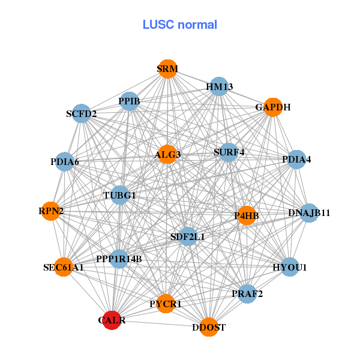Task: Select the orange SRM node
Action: (x=167, y=69)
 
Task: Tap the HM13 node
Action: (x=219, y=87)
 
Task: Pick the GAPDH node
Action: (x=272, y=108)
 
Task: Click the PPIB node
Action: (x=130, y=101)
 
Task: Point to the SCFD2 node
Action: (x=82, y=113)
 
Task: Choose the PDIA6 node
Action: (x=65, y=161)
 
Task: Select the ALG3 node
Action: (x=167, y=155)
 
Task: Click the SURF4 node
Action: (x=229, y=152)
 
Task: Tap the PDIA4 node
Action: (x=296, y=160)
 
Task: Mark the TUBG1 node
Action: (x=119, y=195)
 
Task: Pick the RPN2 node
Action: (x=51, y=211)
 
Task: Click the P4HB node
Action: (x=247, y=215)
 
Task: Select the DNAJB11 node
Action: (x=309, y=213)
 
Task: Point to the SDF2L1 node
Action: (x=188, y=237)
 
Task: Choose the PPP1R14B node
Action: (x=119, y=259)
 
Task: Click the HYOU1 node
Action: (x=290, y=267)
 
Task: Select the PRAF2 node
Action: (x=247, y=294)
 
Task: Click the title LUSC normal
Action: (x=180, y=25)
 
